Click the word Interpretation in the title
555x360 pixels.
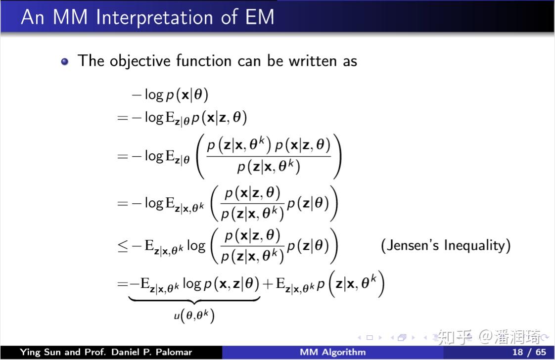click(x=154, y=17)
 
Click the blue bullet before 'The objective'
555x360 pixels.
click(x=64, y=62)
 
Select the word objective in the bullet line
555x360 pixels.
click(x=140, y=61)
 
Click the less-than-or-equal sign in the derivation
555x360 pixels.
click(x=123, y=246)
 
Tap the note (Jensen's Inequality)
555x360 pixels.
click(x=446, y=245)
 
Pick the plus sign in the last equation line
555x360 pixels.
click(x=268, y=284)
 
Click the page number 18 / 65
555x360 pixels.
click(x=529, y=352)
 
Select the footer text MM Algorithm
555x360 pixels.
click(x=333, y=352)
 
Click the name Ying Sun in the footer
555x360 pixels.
click(x=40, y=352)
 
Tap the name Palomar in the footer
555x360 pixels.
click(x=174, y=352)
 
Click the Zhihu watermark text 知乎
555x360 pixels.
click(x=455, y=337)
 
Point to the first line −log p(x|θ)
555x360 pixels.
click(x=170, y=94)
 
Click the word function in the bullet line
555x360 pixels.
click(x=203, y=60)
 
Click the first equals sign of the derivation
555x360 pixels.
click(x=123, y=118)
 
